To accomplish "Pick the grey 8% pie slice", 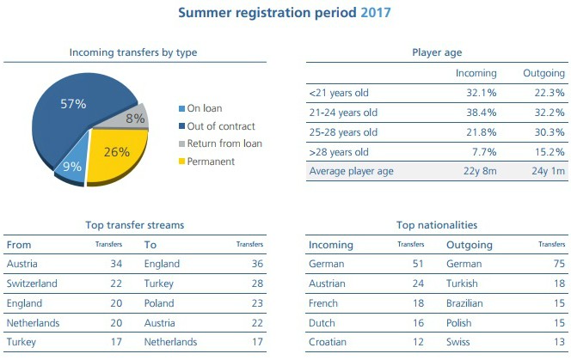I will pyautogui.click(x=135, y=119).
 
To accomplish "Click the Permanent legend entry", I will pyautogui.click(x=210, y=161).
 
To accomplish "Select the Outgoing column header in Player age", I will pyautogui.click(x=543, y=73).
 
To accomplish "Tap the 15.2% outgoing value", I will pyautogui.click(x=550, y=151).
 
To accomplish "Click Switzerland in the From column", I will pyautogui.click(x=32, y=283).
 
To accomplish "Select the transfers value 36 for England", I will pyautogui.click(x=257, y=264).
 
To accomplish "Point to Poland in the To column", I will pyautogui.click(x=159, y=302).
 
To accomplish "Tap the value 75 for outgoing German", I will pyautogui.click(x=559, y=264).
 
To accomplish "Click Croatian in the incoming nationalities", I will pyautogui.click(x=328, y=341).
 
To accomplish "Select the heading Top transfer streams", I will pyautogui.click(x=134, y=225).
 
